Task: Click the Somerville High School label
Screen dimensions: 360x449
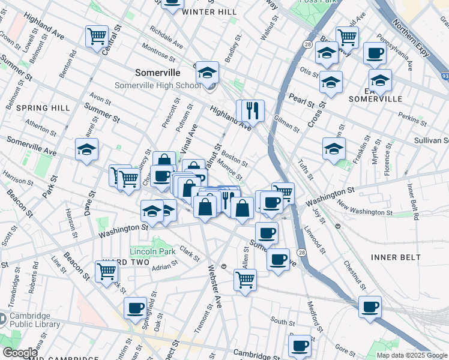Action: (158, 85)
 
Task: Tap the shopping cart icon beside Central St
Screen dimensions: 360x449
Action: (97, 36)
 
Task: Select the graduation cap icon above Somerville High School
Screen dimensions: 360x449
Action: (207, 73)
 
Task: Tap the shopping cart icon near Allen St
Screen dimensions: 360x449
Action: (245, 279)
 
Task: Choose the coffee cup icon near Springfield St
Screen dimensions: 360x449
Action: (135, 308)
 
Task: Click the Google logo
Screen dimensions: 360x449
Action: (19, 353)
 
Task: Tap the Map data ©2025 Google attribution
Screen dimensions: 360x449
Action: (412, 355)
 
